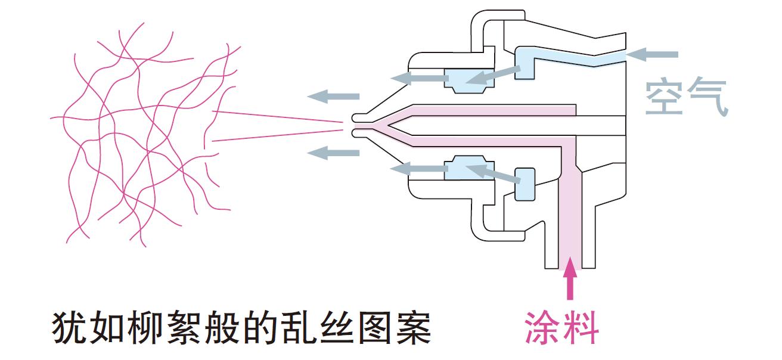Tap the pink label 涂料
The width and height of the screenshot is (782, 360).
pos(561,327)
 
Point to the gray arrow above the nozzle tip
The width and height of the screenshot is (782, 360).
pos(333,96)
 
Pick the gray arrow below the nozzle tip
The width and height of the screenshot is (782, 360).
pos(333,152)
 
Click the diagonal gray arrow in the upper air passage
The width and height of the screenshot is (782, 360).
pos(492,74)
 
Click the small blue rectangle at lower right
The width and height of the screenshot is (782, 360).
pos(525,183)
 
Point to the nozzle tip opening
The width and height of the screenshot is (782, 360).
pos(355,125)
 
